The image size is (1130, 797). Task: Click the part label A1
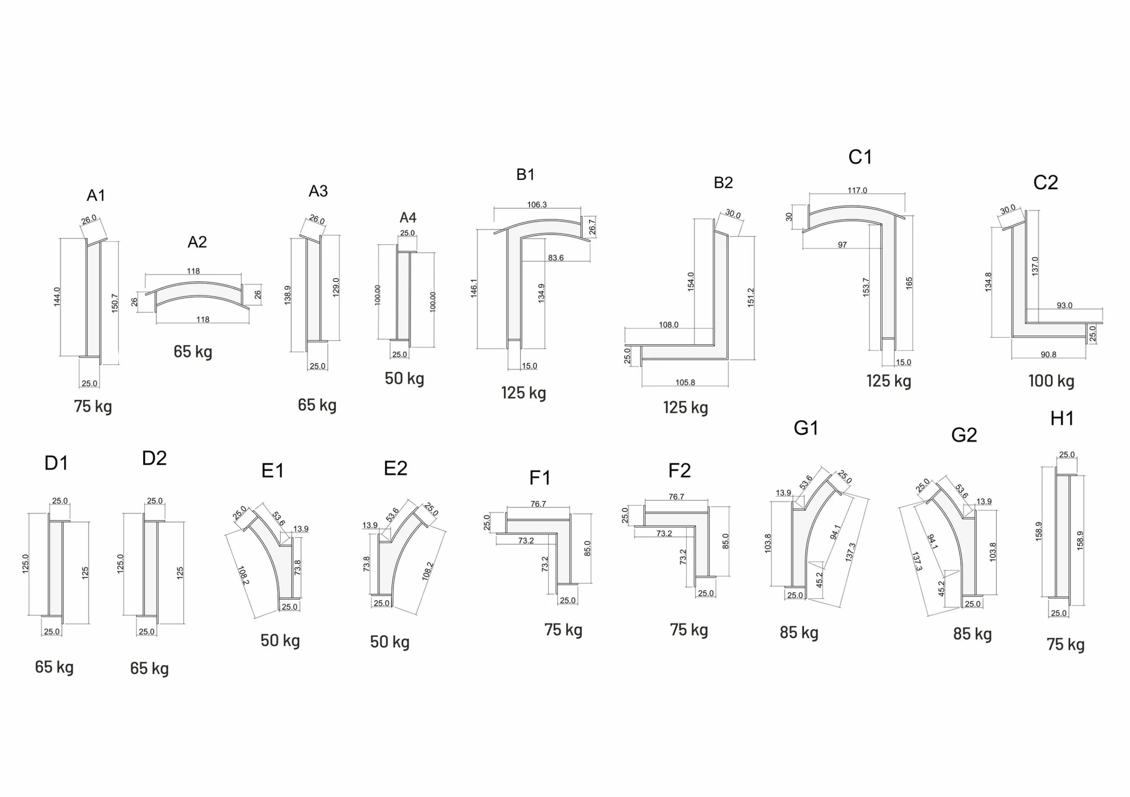96,196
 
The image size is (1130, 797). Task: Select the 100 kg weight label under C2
1051,381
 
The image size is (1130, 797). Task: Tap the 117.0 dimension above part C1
857,190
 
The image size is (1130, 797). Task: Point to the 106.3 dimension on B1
537,205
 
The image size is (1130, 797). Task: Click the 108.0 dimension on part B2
668,325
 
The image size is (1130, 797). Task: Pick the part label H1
1062,419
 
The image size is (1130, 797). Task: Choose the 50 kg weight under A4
404,379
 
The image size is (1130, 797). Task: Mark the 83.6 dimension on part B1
555,258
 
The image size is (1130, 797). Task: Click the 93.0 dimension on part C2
1065,306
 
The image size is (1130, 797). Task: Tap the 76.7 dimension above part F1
538,504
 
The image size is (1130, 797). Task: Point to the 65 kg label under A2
193,352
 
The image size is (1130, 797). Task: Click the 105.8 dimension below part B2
685,382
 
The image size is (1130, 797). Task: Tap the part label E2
396,469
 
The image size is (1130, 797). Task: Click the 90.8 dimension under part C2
1048,354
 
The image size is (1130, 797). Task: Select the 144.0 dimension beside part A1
57,297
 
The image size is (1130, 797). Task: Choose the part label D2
154,459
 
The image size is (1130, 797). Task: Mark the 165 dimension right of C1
909,283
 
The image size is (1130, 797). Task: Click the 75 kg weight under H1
1065,645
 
